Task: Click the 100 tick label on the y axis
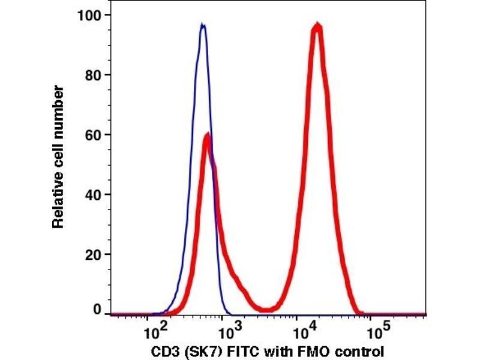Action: coord(89,14)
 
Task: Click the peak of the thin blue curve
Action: coord(203,25)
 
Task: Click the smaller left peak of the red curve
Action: coord(207,136)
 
